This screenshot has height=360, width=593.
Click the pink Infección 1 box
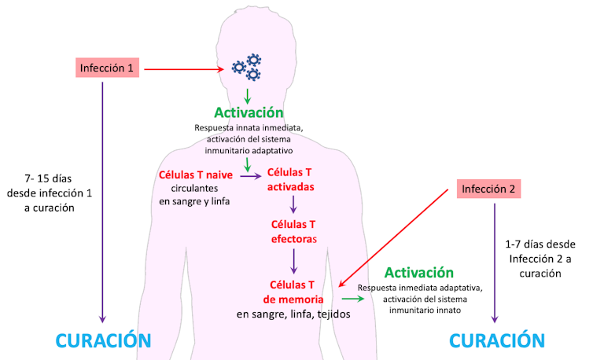pyautogui.click(x=109, y=68)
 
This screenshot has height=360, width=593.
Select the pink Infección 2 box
pyautogui.click(x=488, y=189)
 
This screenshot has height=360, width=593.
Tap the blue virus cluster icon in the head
pyautogui.click(x=247, y=68)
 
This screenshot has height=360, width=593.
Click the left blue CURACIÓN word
pyautogui.click(x=102, y=340)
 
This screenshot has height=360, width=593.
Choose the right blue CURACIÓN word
pyautogui.click(x=496, y=340)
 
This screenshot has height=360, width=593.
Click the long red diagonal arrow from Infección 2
pyautogui.click(x=397, y=237)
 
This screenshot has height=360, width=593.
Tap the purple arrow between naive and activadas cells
pyautogui.click(x=250, y=176)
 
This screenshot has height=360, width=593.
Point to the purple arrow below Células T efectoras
pyautogui.click(x=293, y=260)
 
